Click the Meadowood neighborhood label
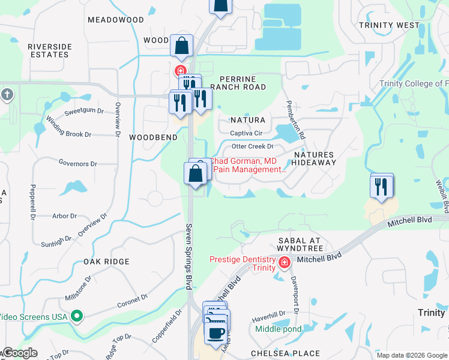point(116,20)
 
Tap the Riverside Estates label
point(50,50)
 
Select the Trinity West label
point(389,25)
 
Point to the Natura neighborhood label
point(247,120)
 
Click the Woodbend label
point(154,137)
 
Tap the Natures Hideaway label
point(314,158)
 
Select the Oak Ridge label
point(106,262)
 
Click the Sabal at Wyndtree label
point(300,244)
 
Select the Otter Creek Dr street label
point(252,146)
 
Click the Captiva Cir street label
point(247,133)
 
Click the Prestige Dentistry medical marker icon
point(285,262)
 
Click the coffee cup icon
point(216,332)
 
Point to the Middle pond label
point(278,329)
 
